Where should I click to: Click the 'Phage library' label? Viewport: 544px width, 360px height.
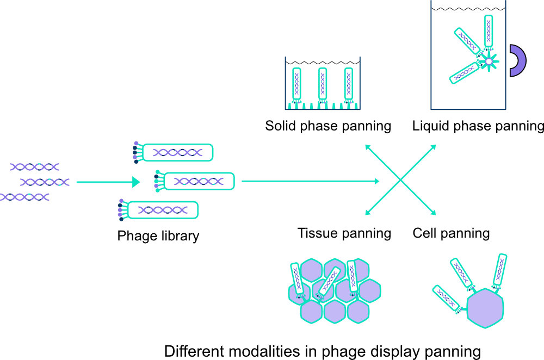point(158,236)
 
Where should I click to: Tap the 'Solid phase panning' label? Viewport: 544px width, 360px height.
point(328,126)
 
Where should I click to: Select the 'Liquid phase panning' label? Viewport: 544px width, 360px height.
point(478,126)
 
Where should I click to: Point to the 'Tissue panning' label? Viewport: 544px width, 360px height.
point(344,233)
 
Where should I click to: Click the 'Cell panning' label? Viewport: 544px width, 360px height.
point(451,233)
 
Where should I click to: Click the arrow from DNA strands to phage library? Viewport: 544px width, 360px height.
point(109,182)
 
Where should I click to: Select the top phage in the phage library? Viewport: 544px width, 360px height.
point(180,153)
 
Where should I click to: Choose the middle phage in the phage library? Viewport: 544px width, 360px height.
point(199,181)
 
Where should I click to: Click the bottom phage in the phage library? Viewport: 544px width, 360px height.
point(166,210)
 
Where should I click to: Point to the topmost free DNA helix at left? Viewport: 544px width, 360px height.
point(34,166)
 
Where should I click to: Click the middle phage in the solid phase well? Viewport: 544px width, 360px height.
point(323,84)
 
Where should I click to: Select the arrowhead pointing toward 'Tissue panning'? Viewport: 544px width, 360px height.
point(368,214)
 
